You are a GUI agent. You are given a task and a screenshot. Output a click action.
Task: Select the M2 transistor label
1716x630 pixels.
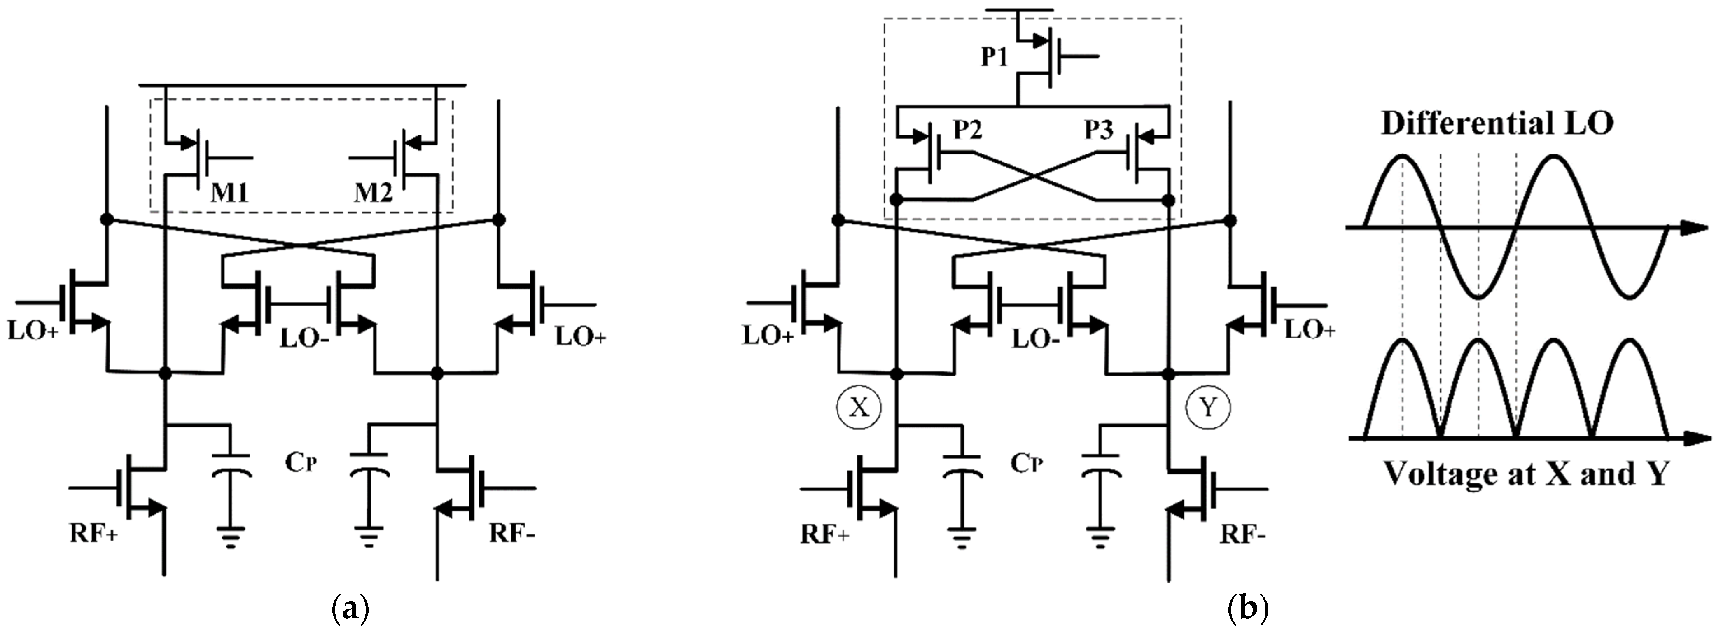(x=373, y=193)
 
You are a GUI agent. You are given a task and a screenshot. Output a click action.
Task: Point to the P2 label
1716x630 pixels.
(x=967, y=129)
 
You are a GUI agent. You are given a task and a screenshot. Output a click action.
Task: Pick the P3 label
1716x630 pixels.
(x=1098, y=129)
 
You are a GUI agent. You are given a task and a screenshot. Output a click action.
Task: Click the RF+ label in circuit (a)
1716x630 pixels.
(x=93, y=534)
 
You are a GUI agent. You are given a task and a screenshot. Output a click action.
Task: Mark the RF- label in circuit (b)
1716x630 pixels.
(x=1243, y=534)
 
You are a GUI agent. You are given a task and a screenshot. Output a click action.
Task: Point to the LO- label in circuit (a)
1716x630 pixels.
(x=304, y=338)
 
